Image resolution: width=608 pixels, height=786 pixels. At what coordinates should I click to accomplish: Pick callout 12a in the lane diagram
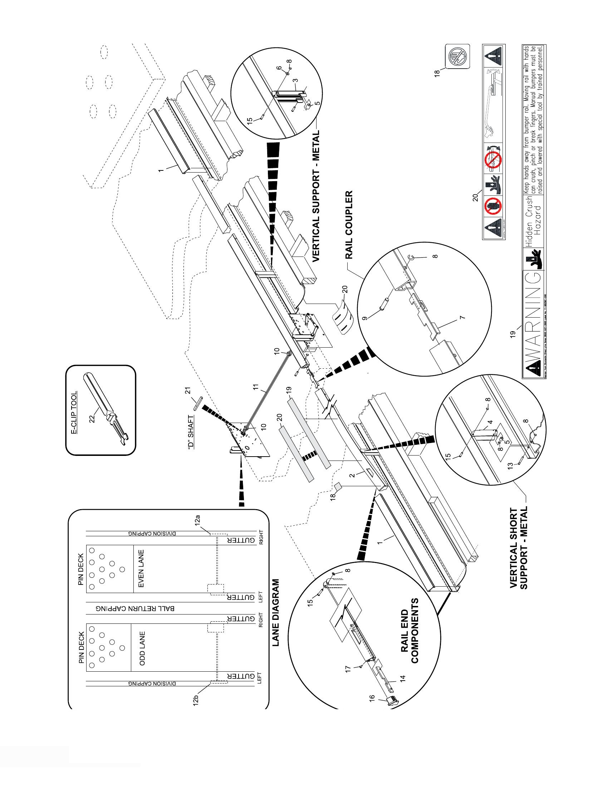tap(197, 521)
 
